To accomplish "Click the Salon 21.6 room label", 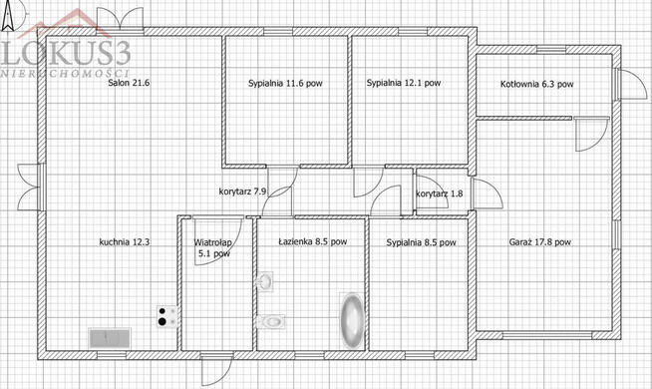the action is click(x=129, y=83).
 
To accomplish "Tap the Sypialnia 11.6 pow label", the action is click(x=285, y=83).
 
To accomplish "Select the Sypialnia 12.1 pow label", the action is click(x=404, y=83).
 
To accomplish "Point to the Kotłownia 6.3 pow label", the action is click(x=536, y=84).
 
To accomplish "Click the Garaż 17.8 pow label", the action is click(x=539, y=241).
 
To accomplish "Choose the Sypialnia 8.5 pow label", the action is click(x=421, y=242).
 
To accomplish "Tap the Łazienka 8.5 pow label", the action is click(x=313, y=241).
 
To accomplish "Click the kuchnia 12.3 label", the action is click(x=125, y=241).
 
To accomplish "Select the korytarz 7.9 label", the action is click(x=242, y=192).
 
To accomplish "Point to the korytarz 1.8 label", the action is click(x=439, y=194).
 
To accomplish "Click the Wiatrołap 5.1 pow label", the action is click(x=213, y=247).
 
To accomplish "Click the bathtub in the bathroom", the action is click(x=352, y=320).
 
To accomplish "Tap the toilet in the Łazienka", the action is click(x=271, y=321).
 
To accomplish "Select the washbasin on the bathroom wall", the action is click(x=265, y=281).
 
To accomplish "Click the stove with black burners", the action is click(x=168, y=316).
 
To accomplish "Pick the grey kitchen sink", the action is click(x=111, y=338).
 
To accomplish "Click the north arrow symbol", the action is click(x=7, y=16).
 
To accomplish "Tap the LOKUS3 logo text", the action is click(x=66, y=53).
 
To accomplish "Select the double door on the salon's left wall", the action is click(x=30, y=187).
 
